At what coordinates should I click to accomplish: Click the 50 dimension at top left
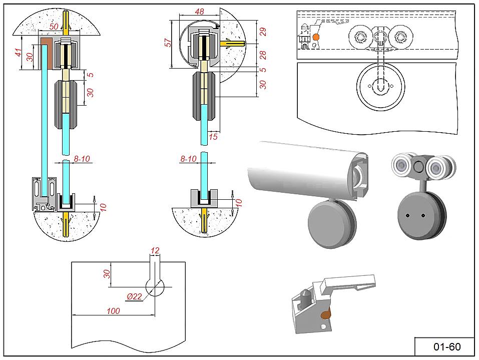pyautogui.click(x=54, y=26)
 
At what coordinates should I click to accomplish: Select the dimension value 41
pyautogui.click(x=18, y=52)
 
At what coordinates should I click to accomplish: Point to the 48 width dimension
pyautogui.click(x=199, y=12)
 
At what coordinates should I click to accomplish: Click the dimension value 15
pyautogui.click(x=213, y=136)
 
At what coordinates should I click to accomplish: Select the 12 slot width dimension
pyautogui.click(x=155, y=250)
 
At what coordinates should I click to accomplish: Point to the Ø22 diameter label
pyautogui.click(x=135, y=296)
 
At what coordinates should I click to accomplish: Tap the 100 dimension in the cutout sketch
pyautogui.click(x=113, y=311)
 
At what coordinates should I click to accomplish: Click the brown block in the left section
pyautogui.click(x=48, y=53)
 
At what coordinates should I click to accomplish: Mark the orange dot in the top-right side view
pyautogui.click(x=316, y=37)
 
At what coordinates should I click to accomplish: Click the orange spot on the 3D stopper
pyautogui.click(x=326, y=314)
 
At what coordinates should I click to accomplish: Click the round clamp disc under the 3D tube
pyautogui.click(x=328, y=225)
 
